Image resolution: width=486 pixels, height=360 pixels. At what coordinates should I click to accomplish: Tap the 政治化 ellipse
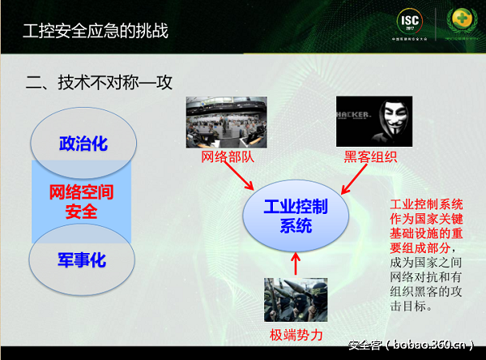point(83,144)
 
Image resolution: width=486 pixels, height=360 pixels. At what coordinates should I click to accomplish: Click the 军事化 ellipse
point(82,260)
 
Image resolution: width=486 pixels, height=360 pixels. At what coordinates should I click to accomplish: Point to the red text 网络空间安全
point(81,202)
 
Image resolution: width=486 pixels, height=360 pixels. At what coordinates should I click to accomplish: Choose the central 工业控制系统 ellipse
point(296,216)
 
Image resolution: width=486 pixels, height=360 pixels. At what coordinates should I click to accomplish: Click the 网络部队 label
point(228,156)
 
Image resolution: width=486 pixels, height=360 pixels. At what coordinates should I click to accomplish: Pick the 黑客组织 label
point(370,156)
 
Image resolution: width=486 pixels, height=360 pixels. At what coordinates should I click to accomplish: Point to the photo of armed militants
point(296,299)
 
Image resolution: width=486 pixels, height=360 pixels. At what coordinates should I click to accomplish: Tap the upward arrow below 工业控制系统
point(296,263)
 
